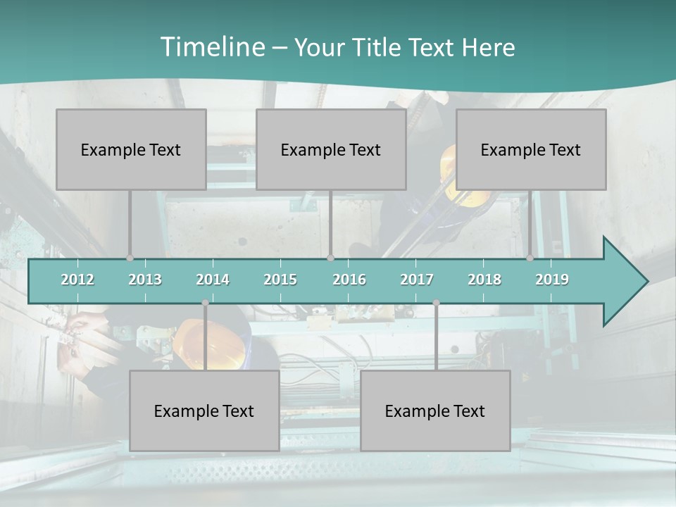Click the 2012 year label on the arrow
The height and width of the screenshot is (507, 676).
point(77,280)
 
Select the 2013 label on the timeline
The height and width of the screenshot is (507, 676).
point(145,280)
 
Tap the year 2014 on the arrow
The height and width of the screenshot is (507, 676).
point(213,280)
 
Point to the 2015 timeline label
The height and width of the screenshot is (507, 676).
point(280,280)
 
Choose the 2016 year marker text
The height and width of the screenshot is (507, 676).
point(349,280)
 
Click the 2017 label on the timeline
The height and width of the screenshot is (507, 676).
point(417,280)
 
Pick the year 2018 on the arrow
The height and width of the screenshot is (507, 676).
point(484,280)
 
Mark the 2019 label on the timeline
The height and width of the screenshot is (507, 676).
point(552,280)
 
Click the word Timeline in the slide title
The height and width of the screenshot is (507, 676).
point(211,46)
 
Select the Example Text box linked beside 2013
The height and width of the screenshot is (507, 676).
point(131,149)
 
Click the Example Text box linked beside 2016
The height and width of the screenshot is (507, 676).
point(331,149)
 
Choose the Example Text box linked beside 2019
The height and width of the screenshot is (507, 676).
point(531,149)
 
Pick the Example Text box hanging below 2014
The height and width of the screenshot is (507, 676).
point(204,411)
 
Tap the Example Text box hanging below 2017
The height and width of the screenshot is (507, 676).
point(435,411)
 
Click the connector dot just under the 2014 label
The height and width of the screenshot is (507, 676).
point(205,303)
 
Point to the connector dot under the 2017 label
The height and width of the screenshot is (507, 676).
point(436,303)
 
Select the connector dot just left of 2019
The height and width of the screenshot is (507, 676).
point(530,258)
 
